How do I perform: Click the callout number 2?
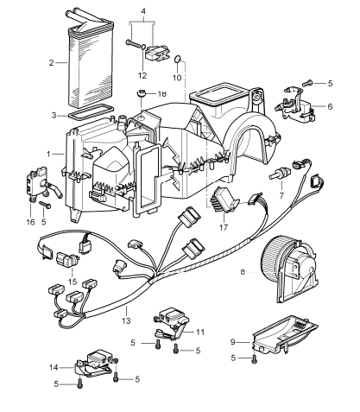53,62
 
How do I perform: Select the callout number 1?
50,154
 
